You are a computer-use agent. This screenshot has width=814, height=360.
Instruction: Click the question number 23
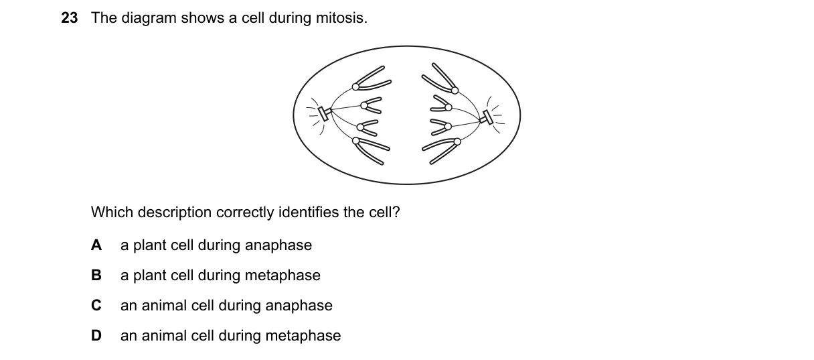coord(70,18)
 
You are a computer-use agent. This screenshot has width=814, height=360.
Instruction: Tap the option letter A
coord(96,245)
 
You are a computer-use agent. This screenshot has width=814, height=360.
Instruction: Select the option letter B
coord(96,275)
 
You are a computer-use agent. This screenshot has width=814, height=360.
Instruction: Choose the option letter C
coord(96,306)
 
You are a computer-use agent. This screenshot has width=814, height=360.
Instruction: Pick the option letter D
coord(96,336)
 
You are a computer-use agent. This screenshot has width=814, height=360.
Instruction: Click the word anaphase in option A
coord(278,245)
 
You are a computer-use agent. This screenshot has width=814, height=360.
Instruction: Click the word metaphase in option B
coord(282,276)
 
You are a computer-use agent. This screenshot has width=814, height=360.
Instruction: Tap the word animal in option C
coord(164,306)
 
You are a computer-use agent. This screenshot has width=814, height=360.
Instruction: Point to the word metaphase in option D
coord(303,336)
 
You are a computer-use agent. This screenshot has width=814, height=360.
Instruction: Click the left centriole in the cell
coord(323,113)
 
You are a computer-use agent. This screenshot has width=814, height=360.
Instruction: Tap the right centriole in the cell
coord(487,117)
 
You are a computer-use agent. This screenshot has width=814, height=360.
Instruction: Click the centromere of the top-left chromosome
coord(355,86)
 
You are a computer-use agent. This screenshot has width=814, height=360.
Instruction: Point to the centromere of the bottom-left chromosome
coord(355,141)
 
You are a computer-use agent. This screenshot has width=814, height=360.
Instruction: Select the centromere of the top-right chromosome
coord(455,91)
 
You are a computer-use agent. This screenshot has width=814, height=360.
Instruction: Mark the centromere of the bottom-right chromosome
coord(457,141)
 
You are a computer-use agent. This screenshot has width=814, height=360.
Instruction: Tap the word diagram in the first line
coord(149,18)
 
